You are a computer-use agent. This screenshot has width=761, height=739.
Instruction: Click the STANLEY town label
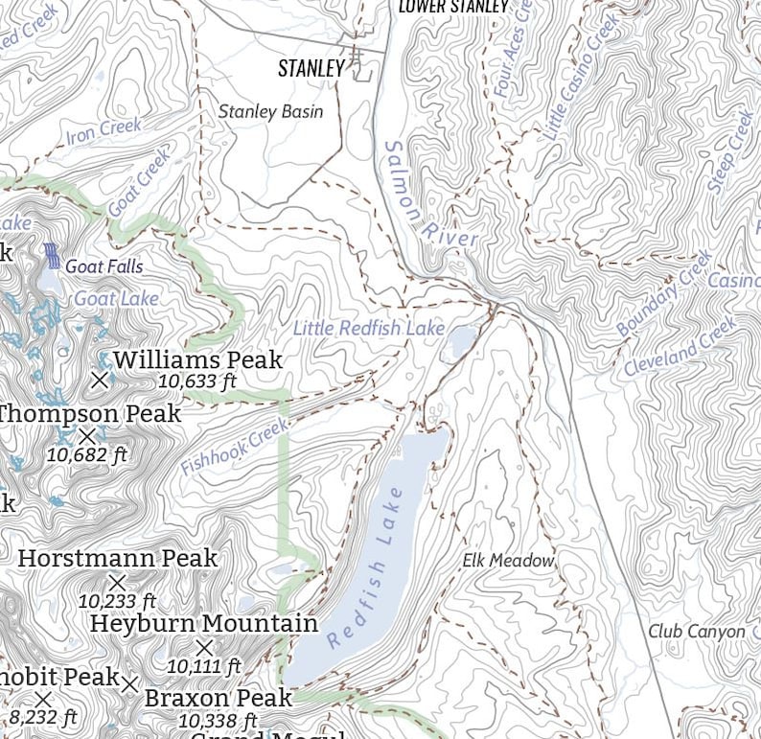tap(311, 68)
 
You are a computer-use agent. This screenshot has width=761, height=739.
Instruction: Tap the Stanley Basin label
tap(270, 111)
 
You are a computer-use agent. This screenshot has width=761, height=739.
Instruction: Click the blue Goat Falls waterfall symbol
tap(52, 256)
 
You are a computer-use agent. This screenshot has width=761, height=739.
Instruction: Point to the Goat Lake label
tap(116, 299)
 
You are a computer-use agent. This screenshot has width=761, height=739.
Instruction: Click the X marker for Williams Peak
tap(100, 380)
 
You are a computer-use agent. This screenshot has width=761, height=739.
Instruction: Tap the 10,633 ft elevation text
tap(196, 382)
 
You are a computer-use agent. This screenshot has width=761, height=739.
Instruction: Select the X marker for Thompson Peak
tap(87, 437)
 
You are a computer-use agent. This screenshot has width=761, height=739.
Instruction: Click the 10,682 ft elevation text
tap(87, 455)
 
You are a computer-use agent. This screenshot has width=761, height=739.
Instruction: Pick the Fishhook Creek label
tap(234, 448)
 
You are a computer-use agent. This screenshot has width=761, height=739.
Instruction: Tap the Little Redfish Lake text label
tap(368, 329)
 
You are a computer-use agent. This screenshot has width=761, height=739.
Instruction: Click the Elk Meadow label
tap(508, 560)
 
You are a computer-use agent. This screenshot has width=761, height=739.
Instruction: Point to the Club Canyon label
tap(696, 632)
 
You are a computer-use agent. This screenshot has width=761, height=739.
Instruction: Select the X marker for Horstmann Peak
tap(117, 582)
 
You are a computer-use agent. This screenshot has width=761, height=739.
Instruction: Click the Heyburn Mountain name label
tap(203, 623)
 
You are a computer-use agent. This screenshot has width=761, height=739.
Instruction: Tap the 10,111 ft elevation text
tap(203, 665)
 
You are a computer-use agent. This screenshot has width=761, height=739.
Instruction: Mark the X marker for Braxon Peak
tap(129, 684)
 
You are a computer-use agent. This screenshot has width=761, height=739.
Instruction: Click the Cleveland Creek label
tap(680, 347)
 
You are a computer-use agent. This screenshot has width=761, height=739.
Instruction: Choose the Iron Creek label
tap(104, 131)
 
